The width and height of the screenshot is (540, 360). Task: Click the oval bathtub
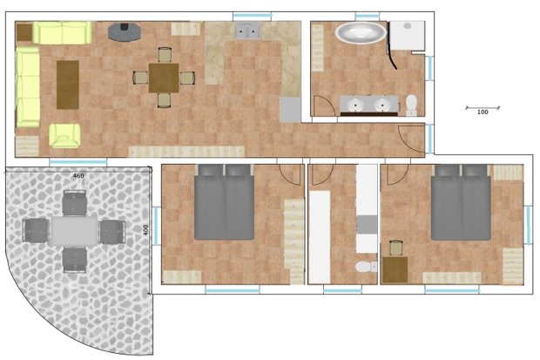coord(361,33)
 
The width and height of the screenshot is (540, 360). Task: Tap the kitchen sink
coord(247,31)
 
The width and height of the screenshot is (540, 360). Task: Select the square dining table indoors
coord(164,78)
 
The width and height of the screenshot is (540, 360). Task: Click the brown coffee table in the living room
coord(68,85)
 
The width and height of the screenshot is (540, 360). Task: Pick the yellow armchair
coord(64,136)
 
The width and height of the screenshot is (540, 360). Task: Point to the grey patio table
coord(74,231)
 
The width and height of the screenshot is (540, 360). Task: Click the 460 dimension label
coord(78,175)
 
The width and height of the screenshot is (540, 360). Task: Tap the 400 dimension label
coord(145,230)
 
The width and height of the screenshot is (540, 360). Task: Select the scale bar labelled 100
coord(483,108)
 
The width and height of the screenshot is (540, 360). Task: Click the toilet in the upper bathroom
coord(411,105)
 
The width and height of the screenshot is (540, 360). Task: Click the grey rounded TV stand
coord(125,32)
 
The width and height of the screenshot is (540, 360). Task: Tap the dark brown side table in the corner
coord(24,33)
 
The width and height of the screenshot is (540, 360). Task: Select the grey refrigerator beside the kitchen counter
coord(290,109)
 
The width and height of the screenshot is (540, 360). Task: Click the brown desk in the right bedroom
coord(395,269)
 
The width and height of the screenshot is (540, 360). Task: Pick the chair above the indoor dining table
coord(165,55)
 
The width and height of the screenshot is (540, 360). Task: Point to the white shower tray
coord(408,35)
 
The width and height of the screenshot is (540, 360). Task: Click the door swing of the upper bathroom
coord(325,105)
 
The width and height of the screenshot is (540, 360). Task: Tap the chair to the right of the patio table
coord(112,231)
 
